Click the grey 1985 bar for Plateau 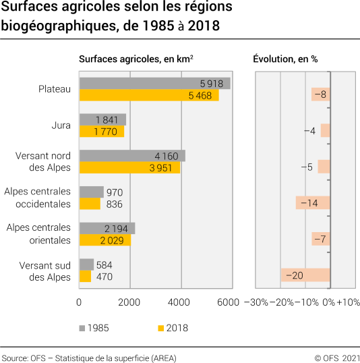[x=154, y=83]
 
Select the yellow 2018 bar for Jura [x=101, y=132]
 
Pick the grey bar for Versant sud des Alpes [x=86, y=264]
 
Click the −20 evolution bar [x=305, y=275]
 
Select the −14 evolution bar [x=312, y=203]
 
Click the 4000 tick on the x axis [x=180, y=302]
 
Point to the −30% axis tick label [x=256, y=302]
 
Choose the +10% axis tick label [x=349, y=302]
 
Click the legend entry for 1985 [x=94, y=328]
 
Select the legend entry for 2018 [x=173, y=328]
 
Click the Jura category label [x=61, y=125]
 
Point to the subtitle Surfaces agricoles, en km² [x=137, y=59]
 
